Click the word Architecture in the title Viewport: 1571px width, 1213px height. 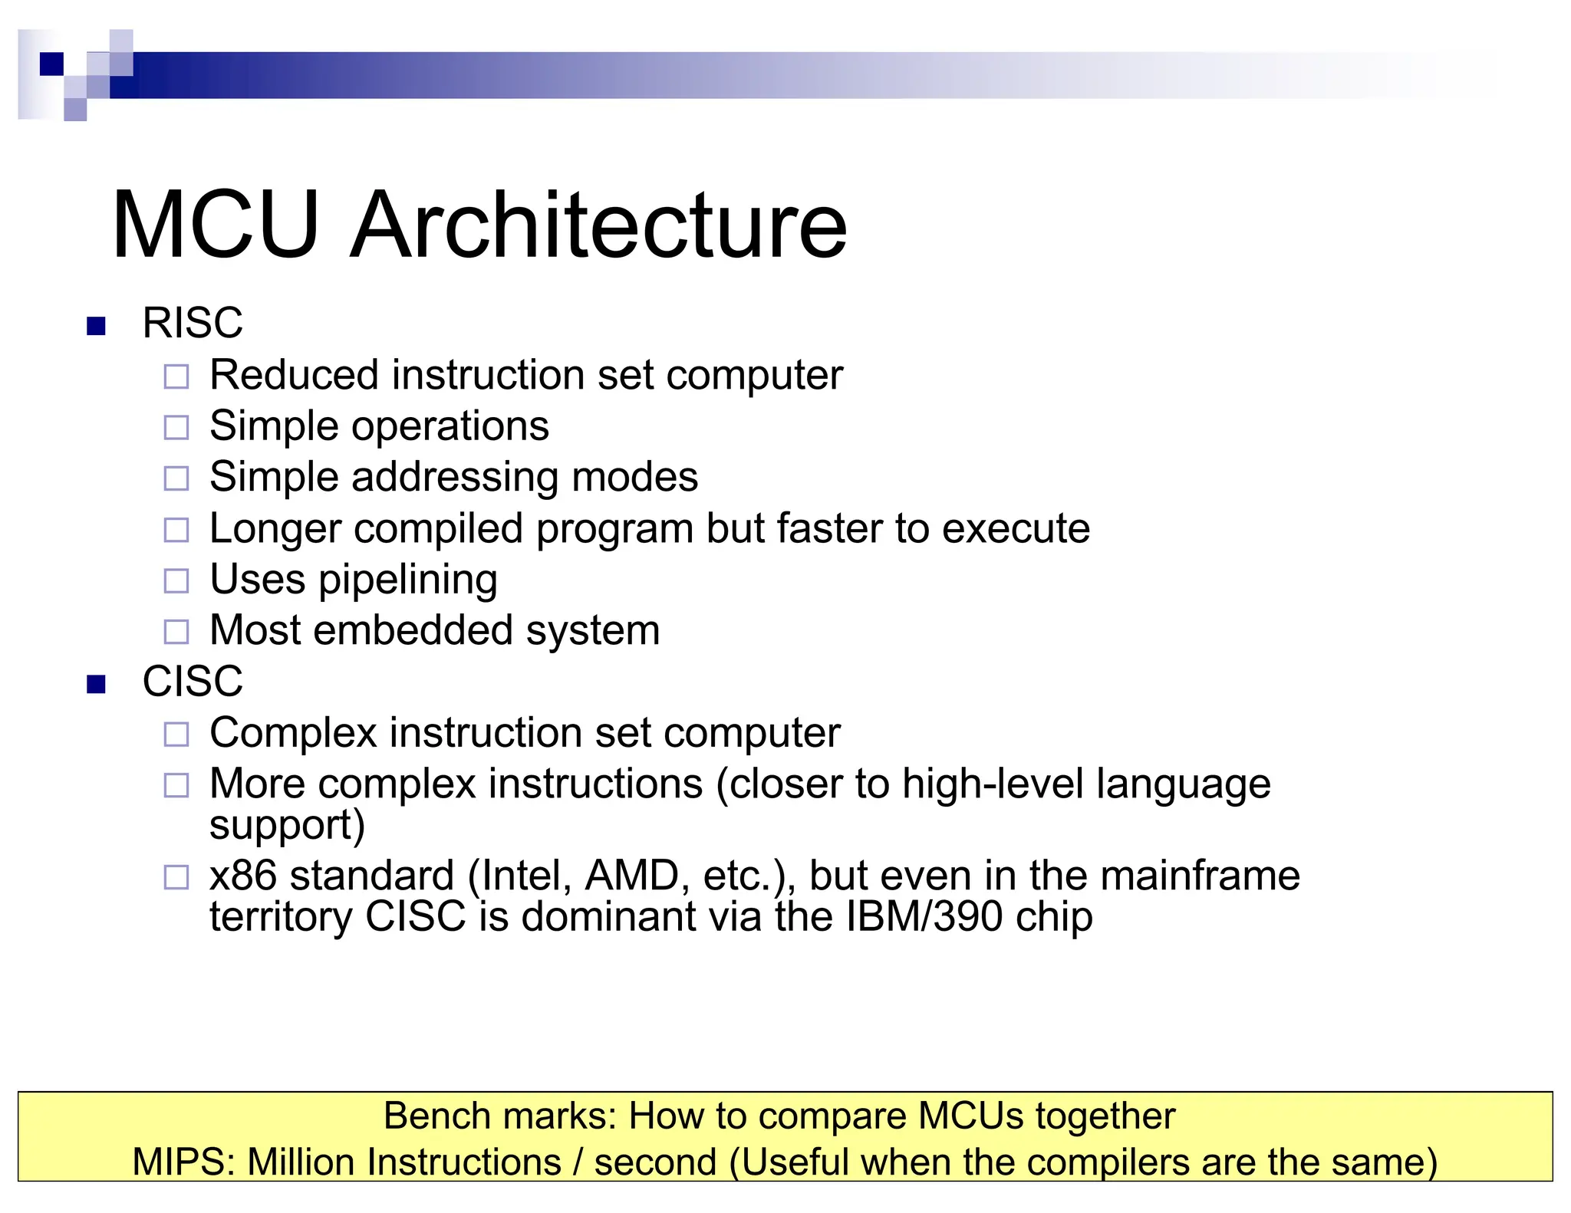click(598, 226)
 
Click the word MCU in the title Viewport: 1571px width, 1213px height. click(216, 226)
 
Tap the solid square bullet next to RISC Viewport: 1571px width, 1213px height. click(96, 326)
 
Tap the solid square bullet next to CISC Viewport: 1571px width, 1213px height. click(96, 683)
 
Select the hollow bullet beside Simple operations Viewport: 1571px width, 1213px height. click(176, 428)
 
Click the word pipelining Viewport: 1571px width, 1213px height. click(408, 580)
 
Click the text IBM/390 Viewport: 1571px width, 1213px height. click(924, 916)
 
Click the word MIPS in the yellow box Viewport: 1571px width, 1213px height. click(183, 1162)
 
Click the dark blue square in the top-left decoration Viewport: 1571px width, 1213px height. click(51, 64)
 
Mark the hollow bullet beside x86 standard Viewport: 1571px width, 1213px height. click(176, 877)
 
